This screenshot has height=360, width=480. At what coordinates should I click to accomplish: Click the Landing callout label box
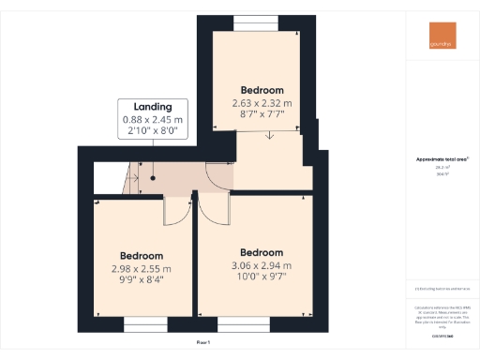[x=153, y=120]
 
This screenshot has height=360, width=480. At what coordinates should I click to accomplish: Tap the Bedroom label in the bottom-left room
[x=142, y=256]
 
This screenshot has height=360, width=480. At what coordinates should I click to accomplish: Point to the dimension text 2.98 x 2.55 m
[x=142, y=267]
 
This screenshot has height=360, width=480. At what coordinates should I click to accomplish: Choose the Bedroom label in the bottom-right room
[x=262, y=253]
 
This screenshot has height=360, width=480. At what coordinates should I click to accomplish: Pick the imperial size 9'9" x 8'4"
[x=142, y=278]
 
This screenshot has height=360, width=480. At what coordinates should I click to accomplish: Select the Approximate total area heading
[x=442, y=159]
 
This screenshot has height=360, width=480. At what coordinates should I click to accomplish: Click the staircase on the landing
[x=116, y=175]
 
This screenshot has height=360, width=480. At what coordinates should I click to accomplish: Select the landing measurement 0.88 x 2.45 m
[x=153, y=120]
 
